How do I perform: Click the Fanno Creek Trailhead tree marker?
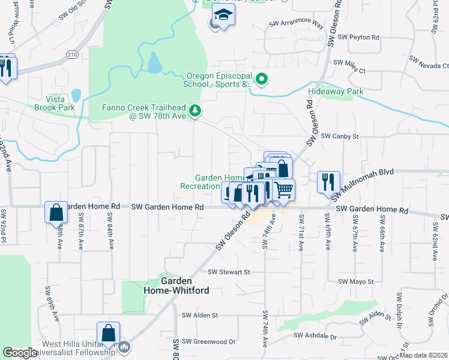194,110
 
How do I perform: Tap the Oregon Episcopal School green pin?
261,79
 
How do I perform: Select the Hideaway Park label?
336,92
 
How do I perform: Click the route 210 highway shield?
71,55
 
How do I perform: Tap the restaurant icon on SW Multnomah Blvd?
328,181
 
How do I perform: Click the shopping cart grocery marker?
284,190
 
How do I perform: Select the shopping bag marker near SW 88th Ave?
56,212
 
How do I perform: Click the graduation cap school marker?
224,14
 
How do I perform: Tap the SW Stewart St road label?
229,272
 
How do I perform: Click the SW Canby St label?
339,136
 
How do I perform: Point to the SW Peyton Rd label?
359,37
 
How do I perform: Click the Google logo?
20,352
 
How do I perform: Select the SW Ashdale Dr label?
316,337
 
